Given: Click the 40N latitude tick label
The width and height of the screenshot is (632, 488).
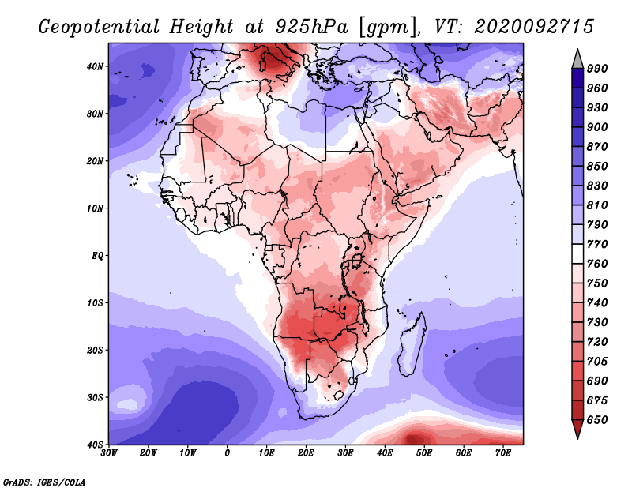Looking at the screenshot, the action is point(95,66).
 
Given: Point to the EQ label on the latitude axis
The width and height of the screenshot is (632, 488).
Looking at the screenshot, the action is point(97,256).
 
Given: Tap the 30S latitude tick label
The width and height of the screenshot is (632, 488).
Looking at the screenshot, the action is point(95,397).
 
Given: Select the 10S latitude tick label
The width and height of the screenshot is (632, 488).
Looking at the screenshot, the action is point(95,302).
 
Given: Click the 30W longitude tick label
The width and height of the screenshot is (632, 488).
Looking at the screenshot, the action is point(109,453).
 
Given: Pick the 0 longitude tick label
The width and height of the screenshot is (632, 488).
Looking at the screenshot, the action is point(228,453).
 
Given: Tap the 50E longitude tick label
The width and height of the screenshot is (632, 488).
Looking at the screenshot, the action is point(424,453).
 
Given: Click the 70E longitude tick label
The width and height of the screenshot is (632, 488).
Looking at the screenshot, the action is point(502,453).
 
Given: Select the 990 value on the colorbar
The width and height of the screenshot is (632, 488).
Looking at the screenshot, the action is point(597,69).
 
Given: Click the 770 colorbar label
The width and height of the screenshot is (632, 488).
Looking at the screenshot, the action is point(597,244).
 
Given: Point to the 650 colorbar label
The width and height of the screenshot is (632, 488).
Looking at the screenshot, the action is point(597,420).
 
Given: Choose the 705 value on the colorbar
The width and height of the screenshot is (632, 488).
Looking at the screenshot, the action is point(597,361).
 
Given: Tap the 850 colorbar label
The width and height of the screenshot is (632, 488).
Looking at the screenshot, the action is point(597,166).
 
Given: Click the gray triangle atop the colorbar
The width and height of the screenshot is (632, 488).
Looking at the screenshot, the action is point(577,61).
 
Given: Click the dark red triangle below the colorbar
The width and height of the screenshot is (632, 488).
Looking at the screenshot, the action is point(577,428).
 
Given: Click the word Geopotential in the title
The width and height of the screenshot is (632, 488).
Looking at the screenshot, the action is point(100,27).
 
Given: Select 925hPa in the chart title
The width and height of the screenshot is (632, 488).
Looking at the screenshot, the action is point(311,27).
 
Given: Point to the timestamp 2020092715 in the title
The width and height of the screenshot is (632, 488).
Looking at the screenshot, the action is point(534,27).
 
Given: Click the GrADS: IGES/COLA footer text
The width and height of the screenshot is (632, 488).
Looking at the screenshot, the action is point(44,482).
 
